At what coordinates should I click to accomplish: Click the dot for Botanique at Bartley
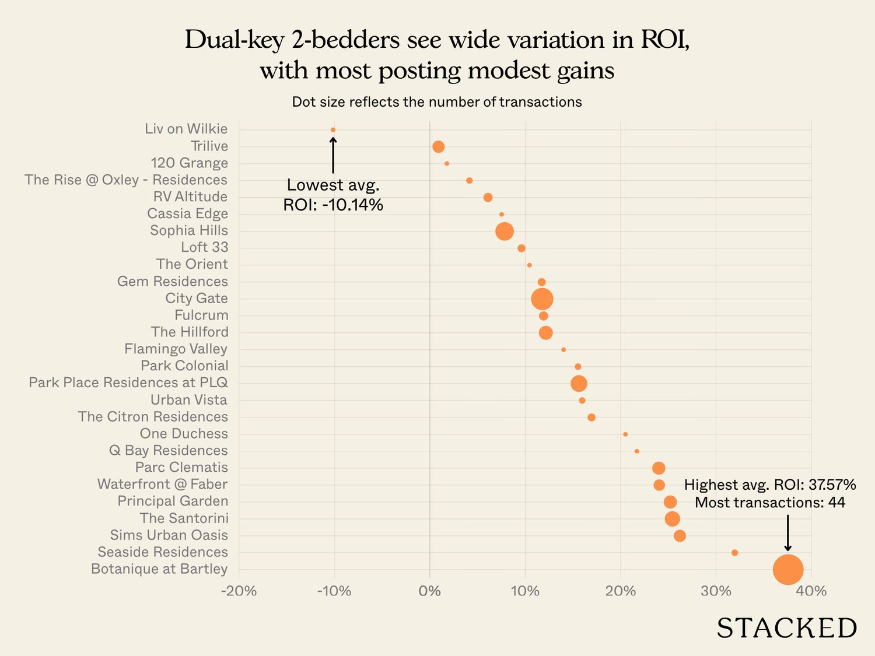point(788,570)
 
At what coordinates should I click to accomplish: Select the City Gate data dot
point(542,299)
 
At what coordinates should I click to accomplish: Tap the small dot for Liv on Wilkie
point(333,130)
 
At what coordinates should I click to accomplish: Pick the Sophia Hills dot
point(505,231)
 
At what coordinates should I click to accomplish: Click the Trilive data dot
point(438,147)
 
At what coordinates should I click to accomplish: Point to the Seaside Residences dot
point(734,553)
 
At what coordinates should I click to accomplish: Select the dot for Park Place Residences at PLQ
point(579,384)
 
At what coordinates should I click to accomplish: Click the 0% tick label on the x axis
point(429,591)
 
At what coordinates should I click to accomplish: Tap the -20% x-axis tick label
point(239,591)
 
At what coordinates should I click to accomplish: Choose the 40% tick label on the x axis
point(811,591)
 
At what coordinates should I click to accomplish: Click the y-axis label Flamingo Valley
point(176,349)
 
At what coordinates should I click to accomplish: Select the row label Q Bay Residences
point(169,451)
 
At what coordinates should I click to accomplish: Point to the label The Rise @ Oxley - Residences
point(126,180)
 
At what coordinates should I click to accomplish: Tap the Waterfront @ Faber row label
point(162,485)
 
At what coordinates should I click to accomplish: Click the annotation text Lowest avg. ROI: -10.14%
point(333,195)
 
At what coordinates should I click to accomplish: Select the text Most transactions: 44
point(770,503)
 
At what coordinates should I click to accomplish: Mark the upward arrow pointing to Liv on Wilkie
point(333,155)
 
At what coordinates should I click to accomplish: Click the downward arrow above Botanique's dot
point(788,532)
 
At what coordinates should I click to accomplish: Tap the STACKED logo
point(786,629)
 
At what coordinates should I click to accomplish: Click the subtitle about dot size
point(437,102)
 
